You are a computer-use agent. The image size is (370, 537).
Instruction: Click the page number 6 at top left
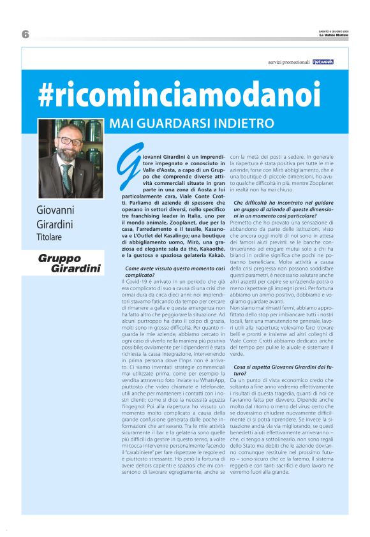[x=26, y=34]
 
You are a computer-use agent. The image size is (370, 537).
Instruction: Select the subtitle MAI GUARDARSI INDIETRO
[x=191, y=123]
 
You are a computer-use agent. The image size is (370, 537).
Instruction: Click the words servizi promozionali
[x=288, y=63]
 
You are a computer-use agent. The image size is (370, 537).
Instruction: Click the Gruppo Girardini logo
[x=70, y=263]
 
